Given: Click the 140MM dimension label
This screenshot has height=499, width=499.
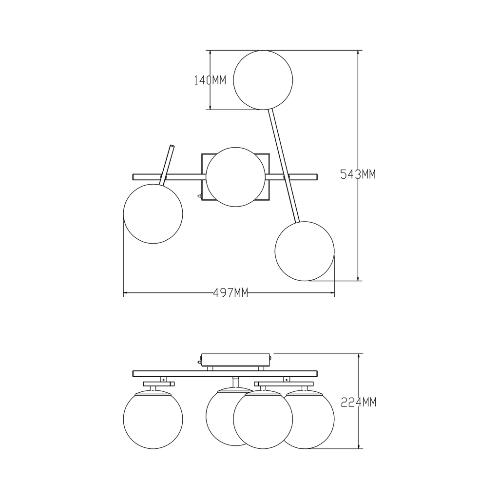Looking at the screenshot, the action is (210, 80).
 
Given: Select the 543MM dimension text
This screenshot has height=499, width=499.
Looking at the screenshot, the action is (358, 174).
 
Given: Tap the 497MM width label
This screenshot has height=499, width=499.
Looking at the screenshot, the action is (230, 292).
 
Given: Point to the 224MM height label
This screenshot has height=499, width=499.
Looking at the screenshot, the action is (359, 402).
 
